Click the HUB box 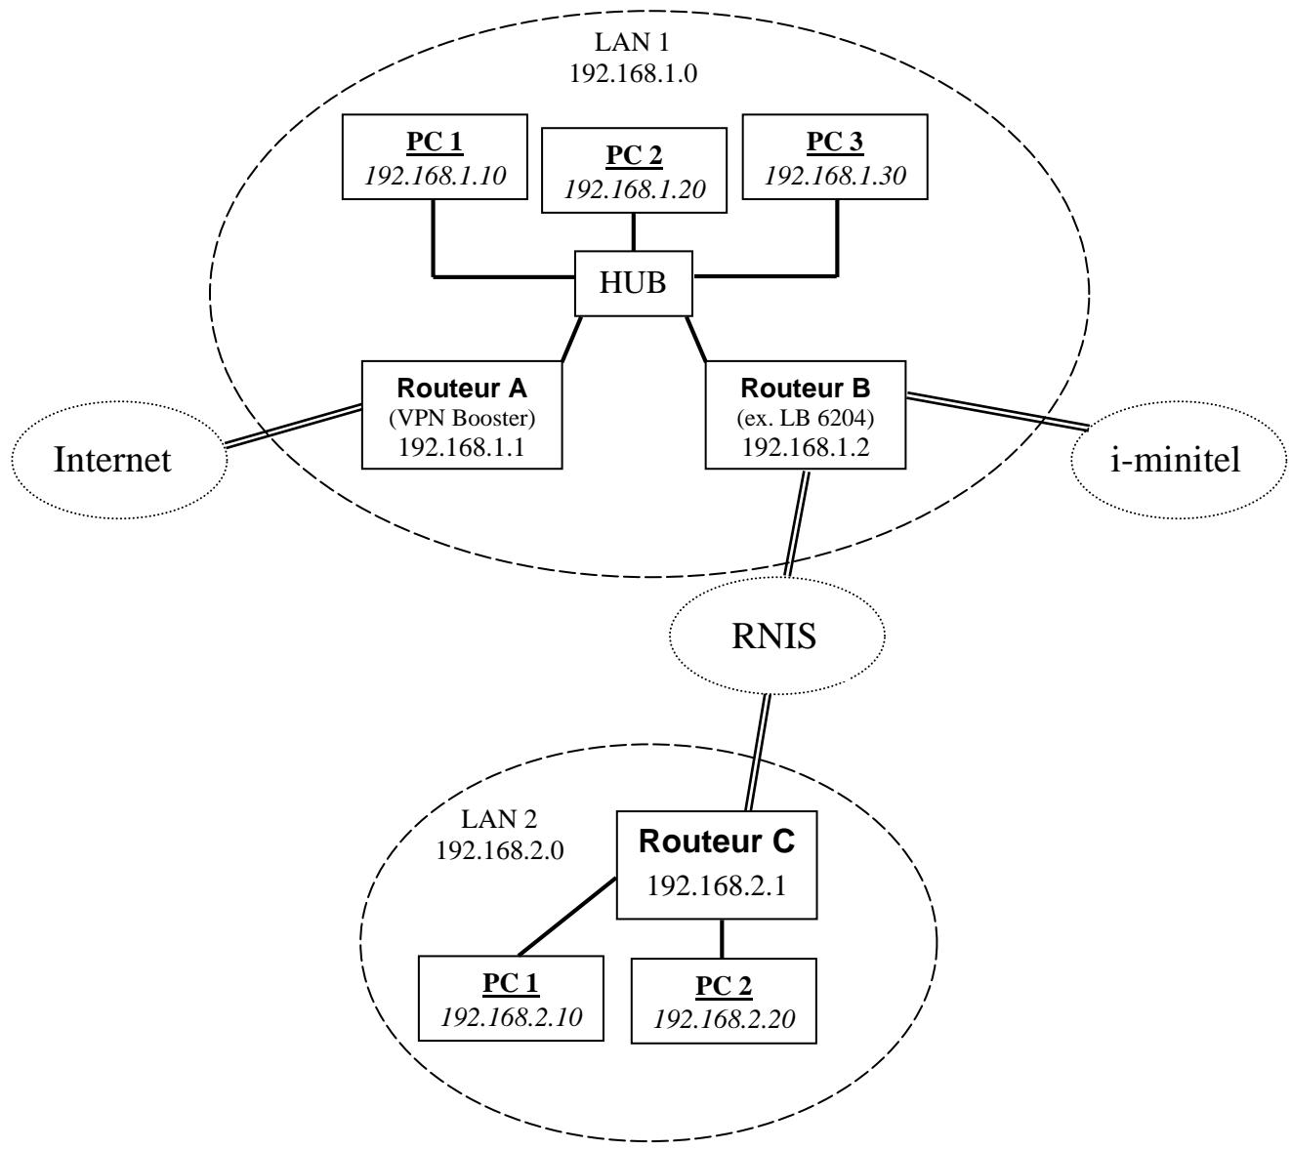pos(634,283)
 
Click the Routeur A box pos(462,415)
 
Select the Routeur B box pos(805,415)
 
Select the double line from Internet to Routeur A pos(293,428)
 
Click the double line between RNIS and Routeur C pos(759,752)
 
